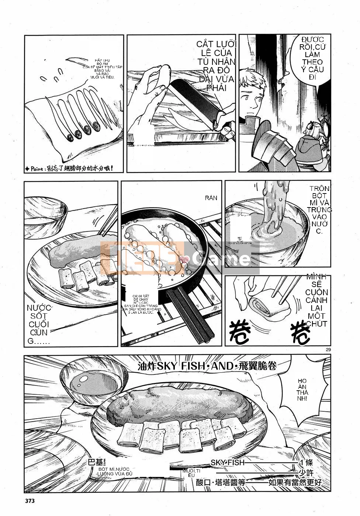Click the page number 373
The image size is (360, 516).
point(30,501)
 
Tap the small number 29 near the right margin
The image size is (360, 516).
point(328,350)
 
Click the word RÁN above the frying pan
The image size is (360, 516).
point(211,198)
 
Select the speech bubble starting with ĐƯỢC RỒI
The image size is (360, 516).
point(312,58)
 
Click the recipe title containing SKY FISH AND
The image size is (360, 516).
point(207,366)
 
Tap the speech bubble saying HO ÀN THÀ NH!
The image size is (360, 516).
point(302,390)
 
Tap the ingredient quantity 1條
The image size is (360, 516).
point(306,463)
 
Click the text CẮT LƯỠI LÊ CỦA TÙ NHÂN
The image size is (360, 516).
point(216,66)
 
